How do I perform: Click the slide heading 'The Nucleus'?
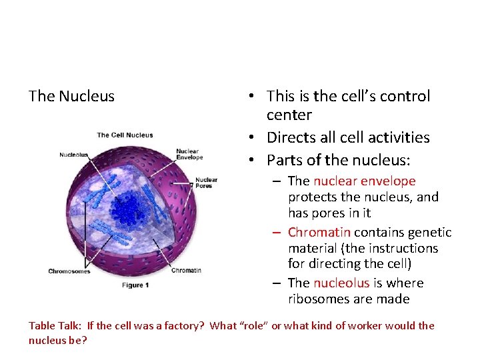coord(71,96)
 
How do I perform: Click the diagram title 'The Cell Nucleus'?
coord(125,135)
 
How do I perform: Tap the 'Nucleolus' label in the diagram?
coord(73,155)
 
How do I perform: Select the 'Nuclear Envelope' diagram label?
coord(189,155)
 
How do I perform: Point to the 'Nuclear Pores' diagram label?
coord(206,183)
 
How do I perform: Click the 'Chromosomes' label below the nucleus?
coord(69,271)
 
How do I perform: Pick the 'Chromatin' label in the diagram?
coord(186,271)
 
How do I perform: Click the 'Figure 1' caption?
coord(135,285)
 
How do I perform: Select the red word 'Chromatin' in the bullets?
coord(319,232)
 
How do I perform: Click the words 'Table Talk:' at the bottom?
coord(55,326)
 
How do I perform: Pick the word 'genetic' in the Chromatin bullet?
coord(429,232)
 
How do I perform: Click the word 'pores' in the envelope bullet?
coord(333,213)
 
